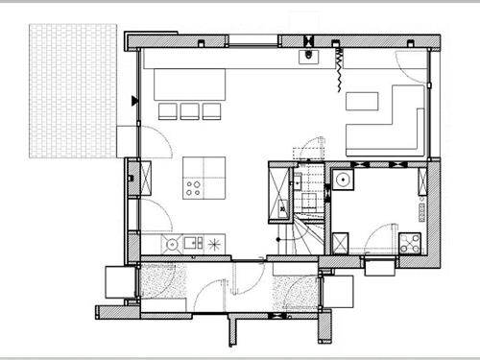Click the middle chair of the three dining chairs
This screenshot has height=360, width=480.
pos(190,110)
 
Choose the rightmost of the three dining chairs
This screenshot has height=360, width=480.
pos(212,110)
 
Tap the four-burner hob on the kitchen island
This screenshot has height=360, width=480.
pos(194,187)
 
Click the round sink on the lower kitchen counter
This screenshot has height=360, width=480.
pos(173,244)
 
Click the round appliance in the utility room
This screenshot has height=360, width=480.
pos(343,178)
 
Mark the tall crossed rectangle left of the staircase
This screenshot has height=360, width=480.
pos(279,192)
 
